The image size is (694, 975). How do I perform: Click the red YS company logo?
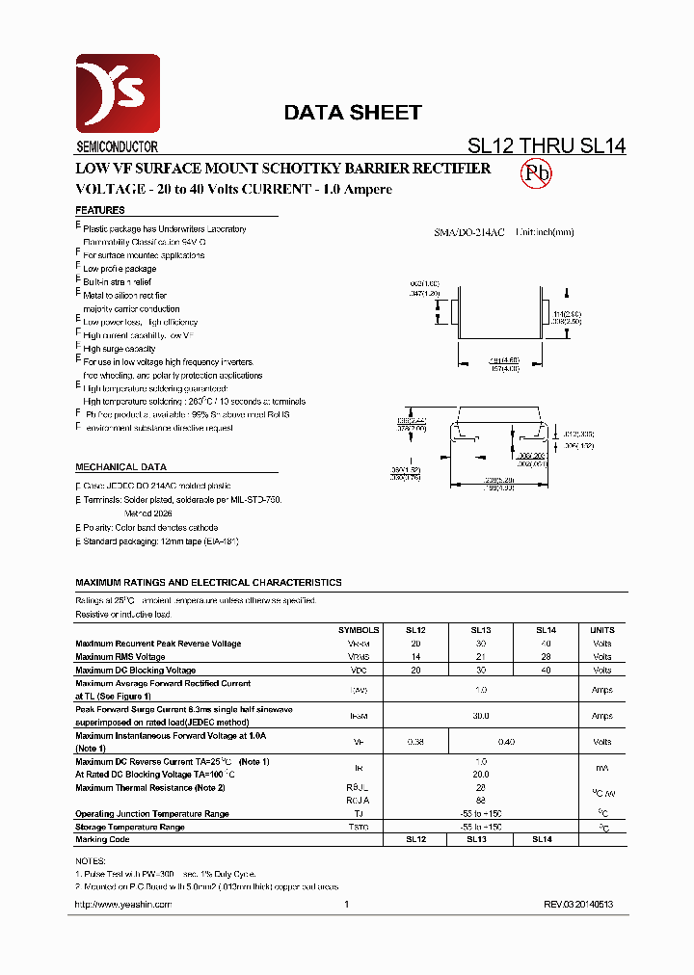[x=118, y=93]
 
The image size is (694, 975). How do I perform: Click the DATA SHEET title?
[x=352, y=113]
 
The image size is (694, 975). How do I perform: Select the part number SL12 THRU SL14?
[x=547, y=146]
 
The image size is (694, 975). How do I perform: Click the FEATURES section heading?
[x=100, y=210]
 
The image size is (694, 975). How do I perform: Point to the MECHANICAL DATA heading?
[x=120, y=466]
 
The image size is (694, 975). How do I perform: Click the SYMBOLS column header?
[x=358, y=630]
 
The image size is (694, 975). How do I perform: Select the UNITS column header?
[x=601, y=630]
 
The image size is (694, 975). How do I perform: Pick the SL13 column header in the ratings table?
[x=480, y=630]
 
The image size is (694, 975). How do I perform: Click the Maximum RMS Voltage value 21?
[x=480, y=657]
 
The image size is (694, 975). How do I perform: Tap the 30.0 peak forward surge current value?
[x=480, y=716]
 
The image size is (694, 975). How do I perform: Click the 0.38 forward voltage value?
[x=415, y=742]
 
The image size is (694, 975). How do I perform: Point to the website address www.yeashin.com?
[x=122, y=905]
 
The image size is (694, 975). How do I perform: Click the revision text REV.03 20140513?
[x=577, y=905]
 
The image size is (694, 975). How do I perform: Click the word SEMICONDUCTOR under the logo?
[x=117, y=147]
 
